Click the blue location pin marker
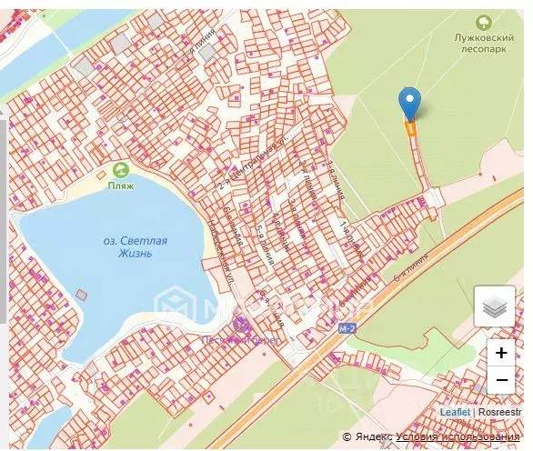click(410, 103)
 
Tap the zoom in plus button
click(500, 353)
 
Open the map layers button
click(495, 307)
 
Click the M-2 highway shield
click(345, 327)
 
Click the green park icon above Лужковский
click(484, 21)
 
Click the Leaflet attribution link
click(455, 412)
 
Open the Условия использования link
click(451, 437)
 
